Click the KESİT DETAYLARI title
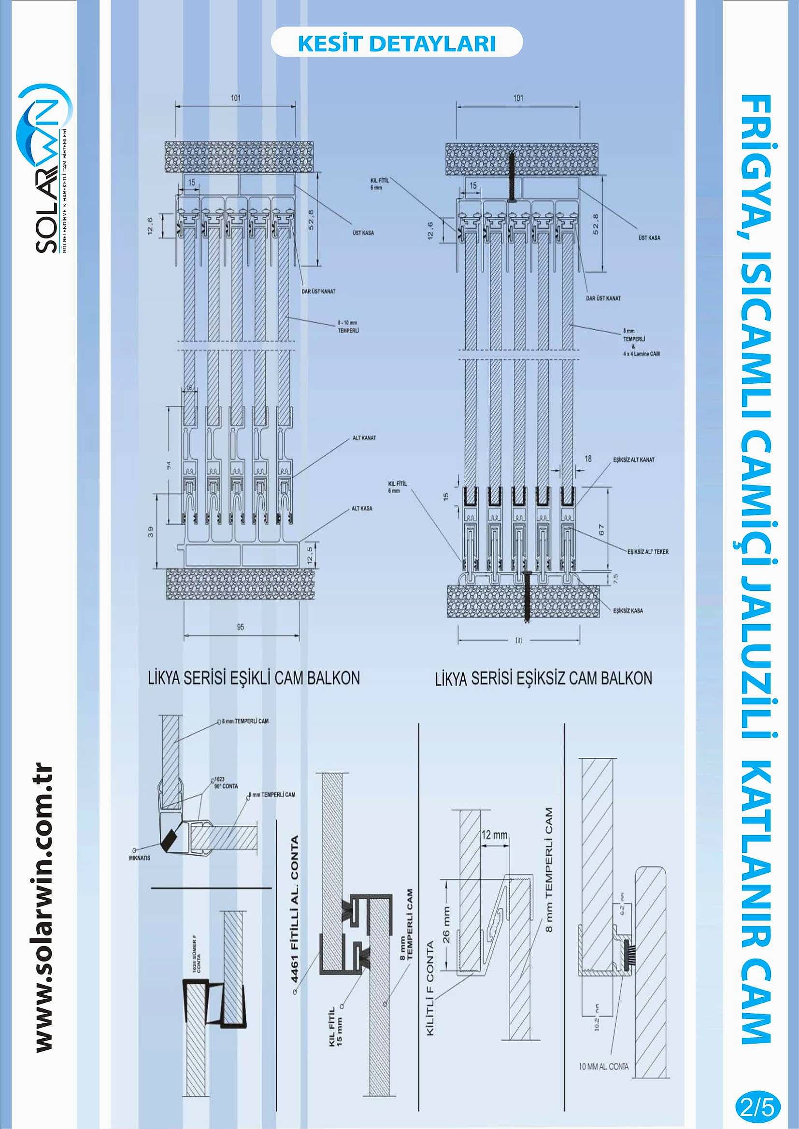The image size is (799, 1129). [397, 43]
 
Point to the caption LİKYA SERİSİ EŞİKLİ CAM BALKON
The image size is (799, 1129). [254, 678]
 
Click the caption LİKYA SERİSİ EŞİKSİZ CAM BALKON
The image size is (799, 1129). [543, 679]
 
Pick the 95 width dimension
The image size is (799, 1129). [240, 627]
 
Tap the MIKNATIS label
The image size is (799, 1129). [140, 858]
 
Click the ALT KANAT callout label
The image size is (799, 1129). [364, 438]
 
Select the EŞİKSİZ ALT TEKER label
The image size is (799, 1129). [647, 552]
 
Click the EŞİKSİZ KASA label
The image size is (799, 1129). [628, 611]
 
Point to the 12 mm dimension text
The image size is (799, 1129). [494, 835]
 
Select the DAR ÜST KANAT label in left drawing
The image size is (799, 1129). [318, 291]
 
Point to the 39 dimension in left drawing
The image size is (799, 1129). [151, 531]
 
